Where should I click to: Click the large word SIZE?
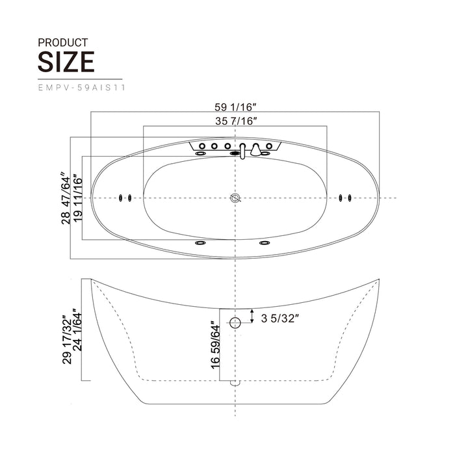coord(66,62)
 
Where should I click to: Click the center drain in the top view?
coord(235,198)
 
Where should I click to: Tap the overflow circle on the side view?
coord(235,321)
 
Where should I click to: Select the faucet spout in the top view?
coord(242,151)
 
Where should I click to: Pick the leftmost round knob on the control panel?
coord(202,146)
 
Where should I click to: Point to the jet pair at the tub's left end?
coord(125,198)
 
